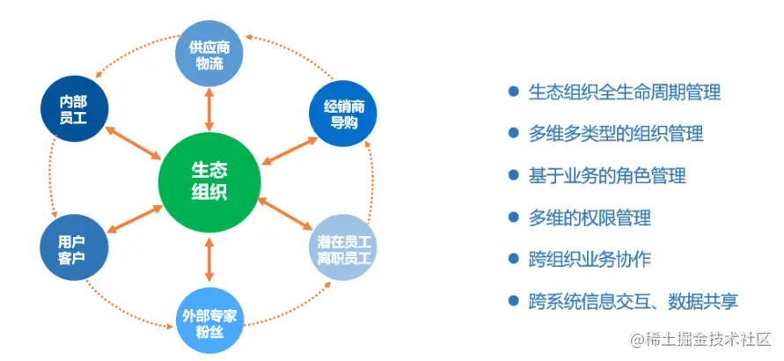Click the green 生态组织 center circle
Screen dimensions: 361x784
[209, 180]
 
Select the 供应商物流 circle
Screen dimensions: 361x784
[209, 54]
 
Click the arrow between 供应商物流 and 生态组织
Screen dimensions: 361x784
[209, 109]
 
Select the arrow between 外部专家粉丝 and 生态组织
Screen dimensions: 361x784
[209, 261]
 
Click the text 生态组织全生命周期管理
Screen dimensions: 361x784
[624, 92]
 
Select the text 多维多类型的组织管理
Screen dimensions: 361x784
[615, 134]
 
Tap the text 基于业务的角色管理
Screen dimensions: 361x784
[606, 175]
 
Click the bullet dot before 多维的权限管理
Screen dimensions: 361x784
[513, 217]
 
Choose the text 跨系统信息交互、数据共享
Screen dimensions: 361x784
[633, 301]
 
